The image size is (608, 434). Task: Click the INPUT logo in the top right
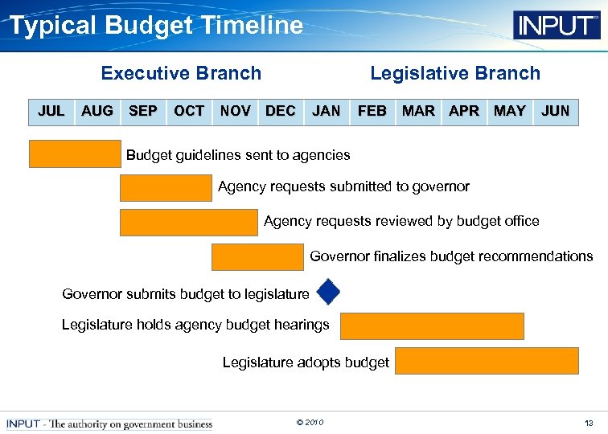tap(557, 25)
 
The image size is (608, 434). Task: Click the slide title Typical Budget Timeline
tap(156, 26)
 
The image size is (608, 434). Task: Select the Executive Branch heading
tap(181, 73)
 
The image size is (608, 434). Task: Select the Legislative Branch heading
tap(454, 73)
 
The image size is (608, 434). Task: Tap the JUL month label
tap(51, 111)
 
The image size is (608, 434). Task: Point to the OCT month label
tap(189, 111)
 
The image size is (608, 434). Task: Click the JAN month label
tap(326, 111)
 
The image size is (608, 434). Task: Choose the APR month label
tap(464, 111)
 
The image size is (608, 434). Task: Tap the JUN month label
tap(556, 111)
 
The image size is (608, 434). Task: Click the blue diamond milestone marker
tap(328, 293)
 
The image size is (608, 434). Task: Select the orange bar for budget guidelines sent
tap(75, 154)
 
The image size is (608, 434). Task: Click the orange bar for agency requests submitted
tap(166, 187)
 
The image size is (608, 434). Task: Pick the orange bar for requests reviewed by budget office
tap(189, 222)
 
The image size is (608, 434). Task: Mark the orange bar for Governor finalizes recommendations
tap(257, 257)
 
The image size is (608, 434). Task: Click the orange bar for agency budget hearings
tap(432, 326)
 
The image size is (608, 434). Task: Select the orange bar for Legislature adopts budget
tap(487, 361)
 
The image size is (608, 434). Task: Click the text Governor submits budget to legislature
tap(186, 294)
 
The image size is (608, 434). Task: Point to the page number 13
tap(589, 423)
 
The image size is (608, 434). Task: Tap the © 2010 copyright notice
tap(310, 423)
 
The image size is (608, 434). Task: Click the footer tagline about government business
tap(109, 424)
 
